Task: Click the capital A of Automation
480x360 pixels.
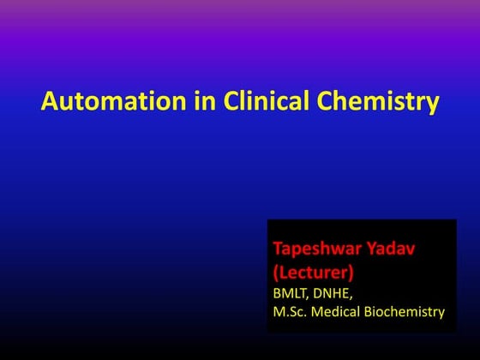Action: point(49,104)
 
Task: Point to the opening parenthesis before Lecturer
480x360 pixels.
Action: point(276,272)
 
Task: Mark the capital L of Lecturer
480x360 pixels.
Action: point(284,272)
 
